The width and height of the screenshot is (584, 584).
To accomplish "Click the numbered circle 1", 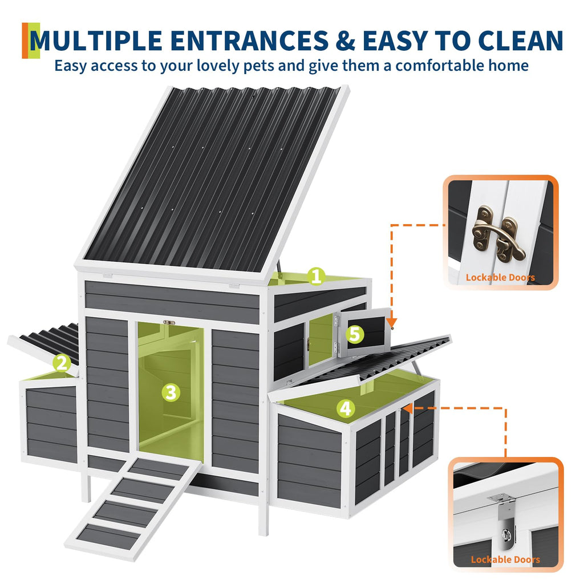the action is [316, 277].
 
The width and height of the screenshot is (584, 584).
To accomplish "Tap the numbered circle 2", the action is [62, 363].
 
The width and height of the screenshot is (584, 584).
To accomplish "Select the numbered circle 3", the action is [171, 392].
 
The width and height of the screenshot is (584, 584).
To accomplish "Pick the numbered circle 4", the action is [346, 408].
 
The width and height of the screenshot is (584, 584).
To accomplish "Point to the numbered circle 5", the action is [355, 334].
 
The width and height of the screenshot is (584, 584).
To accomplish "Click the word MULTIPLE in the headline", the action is [96, 40].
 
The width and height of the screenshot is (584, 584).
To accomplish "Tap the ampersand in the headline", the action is [345, 40].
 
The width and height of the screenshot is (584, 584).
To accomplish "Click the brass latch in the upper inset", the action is [498, 234].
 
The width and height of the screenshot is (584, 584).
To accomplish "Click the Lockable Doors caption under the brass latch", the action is [500, 278].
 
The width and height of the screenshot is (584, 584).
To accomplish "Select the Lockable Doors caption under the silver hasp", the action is [505, 559].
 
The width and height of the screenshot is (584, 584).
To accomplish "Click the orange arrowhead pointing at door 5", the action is [391, 323].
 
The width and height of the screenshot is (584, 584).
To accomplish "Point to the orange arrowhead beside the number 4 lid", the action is [408, 408].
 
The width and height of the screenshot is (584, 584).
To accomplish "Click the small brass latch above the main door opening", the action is [169, 323].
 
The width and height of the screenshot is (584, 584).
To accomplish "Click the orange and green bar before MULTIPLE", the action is [31, 40].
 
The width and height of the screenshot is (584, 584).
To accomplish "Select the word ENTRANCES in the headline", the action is [249, 40].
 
